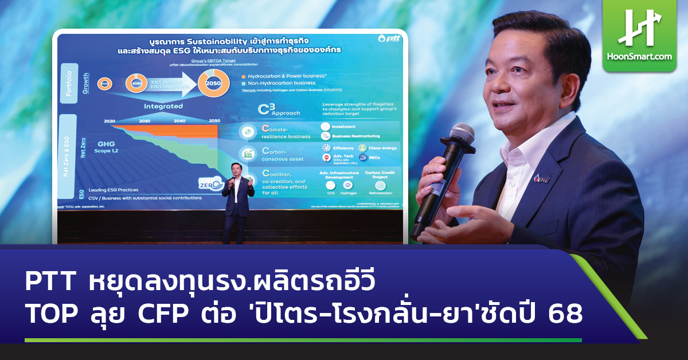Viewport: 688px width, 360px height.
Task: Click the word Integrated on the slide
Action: (163, 106)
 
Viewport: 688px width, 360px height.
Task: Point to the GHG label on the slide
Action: (107, 145)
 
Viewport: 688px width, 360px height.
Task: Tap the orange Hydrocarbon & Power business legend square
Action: (243, 76)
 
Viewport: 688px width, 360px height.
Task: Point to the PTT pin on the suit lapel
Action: (538, 177)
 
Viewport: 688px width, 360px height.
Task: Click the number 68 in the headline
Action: (564, 315)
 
